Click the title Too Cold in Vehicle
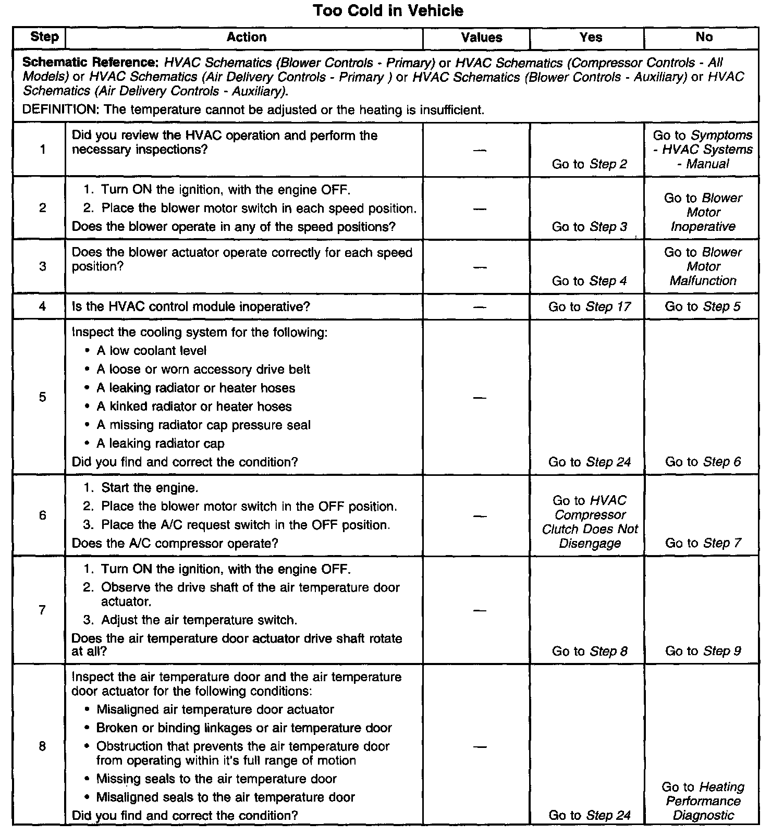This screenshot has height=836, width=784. tap(388, 10)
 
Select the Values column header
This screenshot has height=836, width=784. tap(481, 38)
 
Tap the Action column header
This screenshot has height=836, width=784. tap(246, 37)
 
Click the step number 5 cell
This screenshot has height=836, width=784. tap(42, 397)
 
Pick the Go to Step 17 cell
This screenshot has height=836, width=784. tap(589, 306)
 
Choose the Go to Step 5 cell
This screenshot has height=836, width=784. tap(702, 306)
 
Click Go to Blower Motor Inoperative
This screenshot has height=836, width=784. tap(703, 212)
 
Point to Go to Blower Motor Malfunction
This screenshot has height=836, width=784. tap(703, 266)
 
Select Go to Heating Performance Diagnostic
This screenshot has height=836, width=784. tap(703, 801)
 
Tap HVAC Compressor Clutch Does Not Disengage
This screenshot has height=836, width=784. tap(590, 522)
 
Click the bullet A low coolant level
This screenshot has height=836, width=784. tap(151, 351)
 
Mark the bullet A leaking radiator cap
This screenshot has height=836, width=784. tap(160, 444)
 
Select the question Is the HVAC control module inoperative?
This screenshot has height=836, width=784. tap(191, 306)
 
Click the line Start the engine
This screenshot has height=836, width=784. tap(149, 488)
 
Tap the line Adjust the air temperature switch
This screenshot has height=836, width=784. tap(199, 620)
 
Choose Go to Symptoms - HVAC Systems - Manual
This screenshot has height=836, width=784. tap(703, 150)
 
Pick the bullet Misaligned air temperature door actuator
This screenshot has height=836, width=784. tap(215, 709)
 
